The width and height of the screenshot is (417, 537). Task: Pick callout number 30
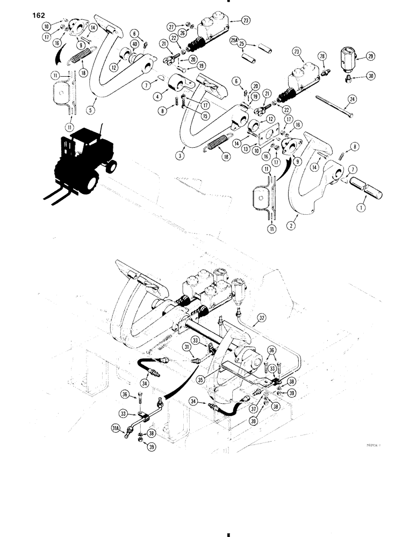coord(355,76)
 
